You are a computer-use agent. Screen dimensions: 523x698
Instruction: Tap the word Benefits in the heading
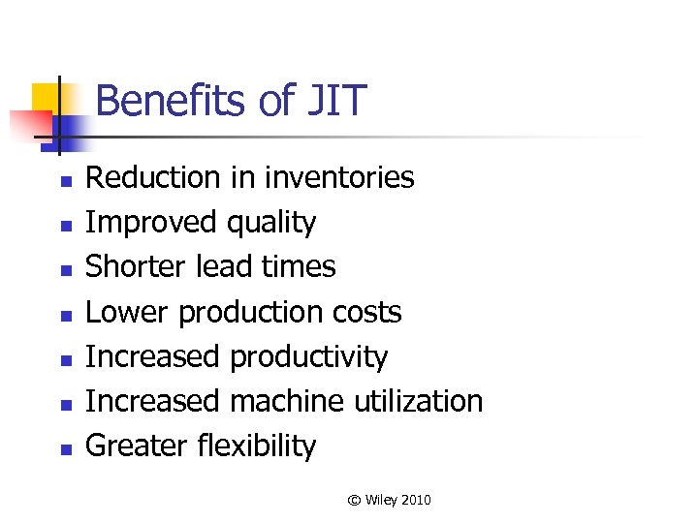160,101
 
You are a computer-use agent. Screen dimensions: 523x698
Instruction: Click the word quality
270,224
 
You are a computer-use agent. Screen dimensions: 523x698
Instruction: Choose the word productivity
308,357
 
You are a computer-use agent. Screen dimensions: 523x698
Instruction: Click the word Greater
137,446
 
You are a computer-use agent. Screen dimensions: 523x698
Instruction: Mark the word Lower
128,312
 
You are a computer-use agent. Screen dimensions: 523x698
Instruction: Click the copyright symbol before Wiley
354,500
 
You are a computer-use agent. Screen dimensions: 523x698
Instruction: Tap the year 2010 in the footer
415,500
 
